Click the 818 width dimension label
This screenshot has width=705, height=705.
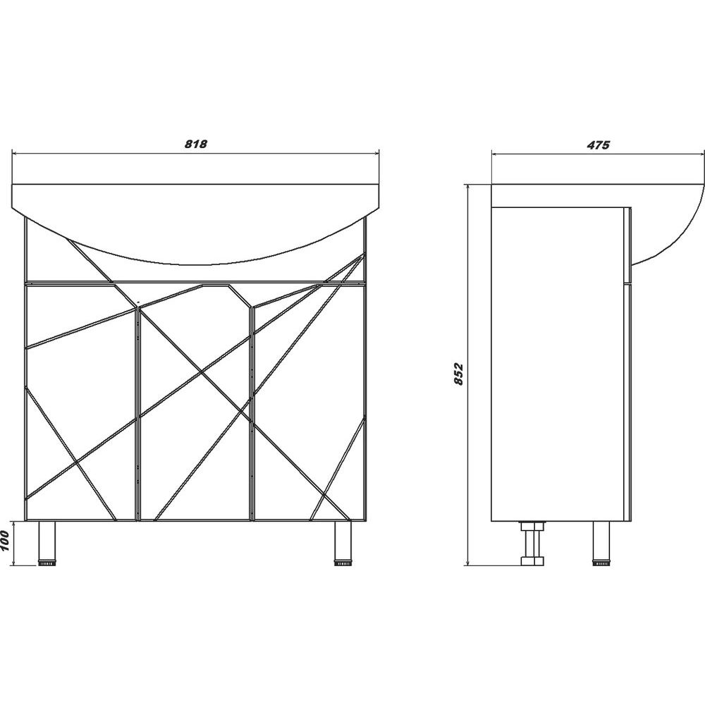point(195,145)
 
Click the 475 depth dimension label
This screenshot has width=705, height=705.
point(598,145)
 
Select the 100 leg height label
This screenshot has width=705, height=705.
point(6,542)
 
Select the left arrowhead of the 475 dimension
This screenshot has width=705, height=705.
point(496,154)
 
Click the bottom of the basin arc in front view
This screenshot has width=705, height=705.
point(195,264)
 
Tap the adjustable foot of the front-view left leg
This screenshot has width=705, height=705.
point(47,562)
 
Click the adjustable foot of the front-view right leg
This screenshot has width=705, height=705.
point(343,562)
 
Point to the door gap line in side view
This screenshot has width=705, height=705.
point(627,283)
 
